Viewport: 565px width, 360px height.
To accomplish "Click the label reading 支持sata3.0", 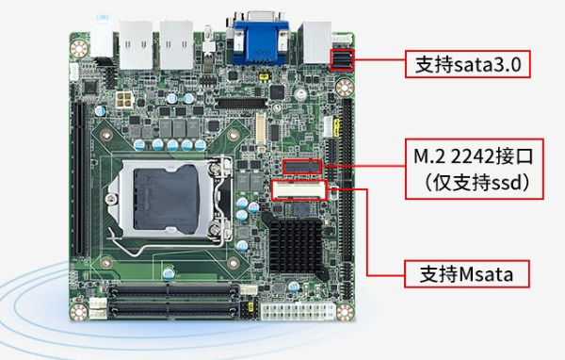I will pos(467,64).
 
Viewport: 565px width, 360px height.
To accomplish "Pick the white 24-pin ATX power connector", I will pos(293,310).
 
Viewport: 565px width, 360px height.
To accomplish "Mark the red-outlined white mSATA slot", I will pos(298,190).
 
